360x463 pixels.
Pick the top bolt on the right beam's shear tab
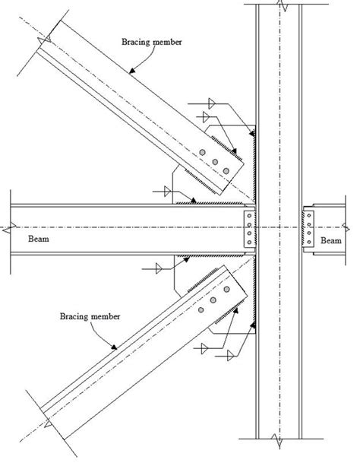click(308, 217)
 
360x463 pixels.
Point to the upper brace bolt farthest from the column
click(204, 153)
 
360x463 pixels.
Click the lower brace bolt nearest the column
click(226, 290)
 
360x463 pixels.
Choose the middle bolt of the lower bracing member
click(215, 300)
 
